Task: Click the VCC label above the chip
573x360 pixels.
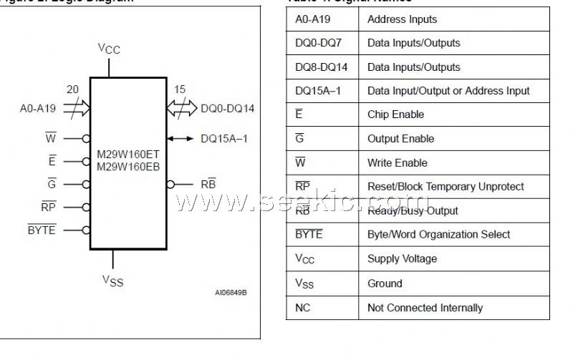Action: coord(110,49)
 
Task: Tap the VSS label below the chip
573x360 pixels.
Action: coord(112,280)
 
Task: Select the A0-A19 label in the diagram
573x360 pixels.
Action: coord(37,110)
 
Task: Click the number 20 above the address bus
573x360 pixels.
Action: coord(72,89)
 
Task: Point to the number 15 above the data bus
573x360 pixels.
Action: coord(180,89)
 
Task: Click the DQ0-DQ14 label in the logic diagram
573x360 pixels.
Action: coord(228,109)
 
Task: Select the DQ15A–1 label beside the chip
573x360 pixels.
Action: coord(223,138)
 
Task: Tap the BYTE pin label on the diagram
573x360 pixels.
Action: coord(42,230)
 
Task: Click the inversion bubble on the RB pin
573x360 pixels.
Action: coord(170,184)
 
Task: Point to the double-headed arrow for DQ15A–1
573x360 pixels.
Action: coord(180,138)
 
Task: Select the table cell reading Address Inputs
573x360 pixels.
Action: coord(402,19)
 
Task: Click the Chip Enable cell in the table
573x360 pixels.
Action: coord(395,115)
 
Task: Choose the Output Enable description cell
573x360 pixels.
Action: coord(400,139)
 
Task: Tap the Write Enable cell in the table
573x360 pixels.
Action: coord(397,162)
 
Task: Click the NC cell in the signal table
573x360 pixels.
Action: coord(302,308)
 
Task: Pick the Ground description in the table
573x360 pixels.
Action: coord(385,283)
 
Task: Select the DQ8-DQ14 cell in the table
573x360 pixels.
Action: coord(318,67)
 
